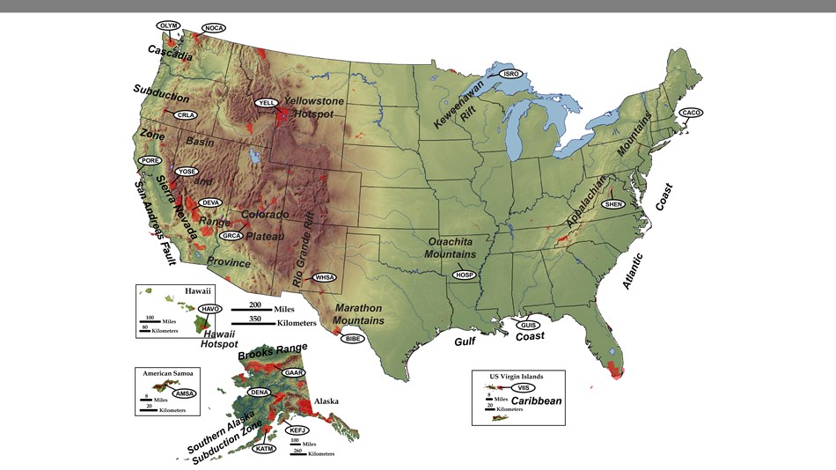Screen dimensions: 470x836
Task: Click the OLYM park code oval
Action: [168, 26]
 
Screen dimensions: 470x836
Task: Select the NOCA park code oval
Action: [214, 28]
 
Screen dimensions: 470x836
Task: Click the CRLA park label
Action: [185, 115]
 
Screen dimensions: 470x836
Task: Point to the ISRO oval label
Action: [511, 74]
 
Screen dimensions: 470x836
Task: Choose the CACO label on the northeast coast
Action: [692, 113]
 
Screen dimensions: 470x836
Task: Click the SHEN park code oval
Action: [613, 204]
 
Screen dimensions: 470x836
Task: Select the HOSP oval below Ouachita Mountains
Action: [465, 275]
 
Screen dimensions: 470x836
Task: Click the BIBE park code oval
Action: [353, 338]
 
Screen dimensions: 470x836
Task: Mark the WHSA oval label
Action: [326, 277]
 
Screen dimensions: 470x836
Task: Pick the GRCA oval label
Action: [232, 236]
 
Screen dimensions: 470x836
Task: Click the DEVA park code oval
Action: [210, 202]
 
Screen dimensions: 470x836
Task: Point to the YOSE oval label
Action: [187, 171]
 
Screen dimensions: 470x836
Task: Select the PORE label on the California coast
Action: [150, 161]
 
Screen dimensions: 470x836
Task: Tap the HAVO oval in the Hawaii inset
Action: [209, 309]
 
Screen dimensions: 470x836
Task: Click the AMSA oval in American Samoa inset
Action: [185, 393]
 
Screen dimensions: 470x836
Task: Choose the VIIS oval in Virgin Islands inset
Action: [524, 387]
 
